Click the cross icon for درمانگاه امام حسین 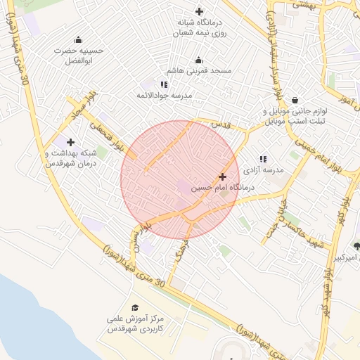[x=223, y=176]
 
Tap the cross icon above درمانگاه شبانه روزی [x=199, y=11]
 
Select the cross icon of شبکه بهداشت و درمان [x=70, y=142]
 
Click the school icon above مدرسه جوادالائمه [x=164, y=84]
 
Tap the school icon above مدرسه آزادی [x=263, y=160]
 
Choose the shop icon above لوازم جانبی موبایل [x=293, y=101]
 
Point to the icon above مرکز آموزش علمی [x=135, y=307]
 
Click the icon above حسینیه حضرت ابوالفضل [x=77, y=39]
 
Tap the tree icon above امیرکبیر [x=356, y=246]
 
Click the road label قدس [x=221, y=124]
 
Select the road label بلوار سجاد [x=84, y=105]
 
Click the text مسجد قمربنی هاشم [x=199, y=71]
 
